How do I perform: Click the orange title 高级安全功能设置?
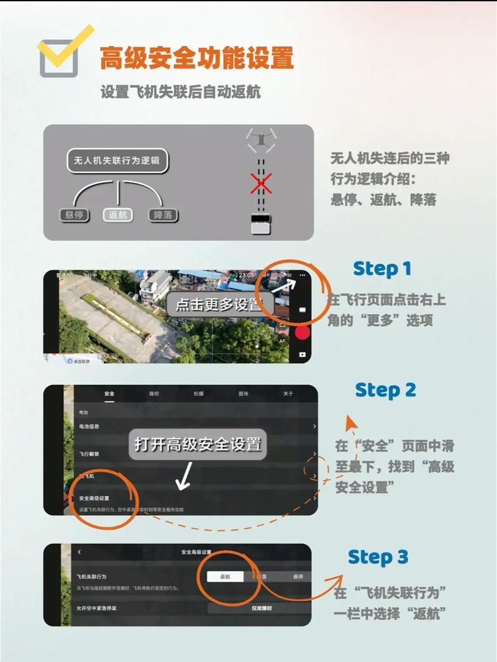pos(196,58)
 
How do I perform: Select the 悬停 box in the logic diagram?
pos(74,215)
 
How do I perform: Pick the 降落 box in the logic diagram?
pos(163,215)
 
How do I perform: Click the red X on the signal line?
pos(260,184)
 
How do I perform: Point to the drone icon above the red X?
pos(260,139)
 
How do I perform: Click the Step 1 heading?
pos(382,269)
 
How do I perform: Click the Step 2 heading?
pos(385,390)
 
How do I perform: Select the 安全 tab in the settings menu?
pos(109,394)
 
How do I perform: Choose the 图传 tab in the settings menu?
pos(244,394)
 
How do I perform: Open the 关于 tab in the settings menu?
pos(288,394)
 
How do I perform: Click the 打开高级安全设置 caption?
pos(198,444)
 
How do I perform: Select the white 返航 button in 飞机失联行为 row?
pos(225,577)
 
